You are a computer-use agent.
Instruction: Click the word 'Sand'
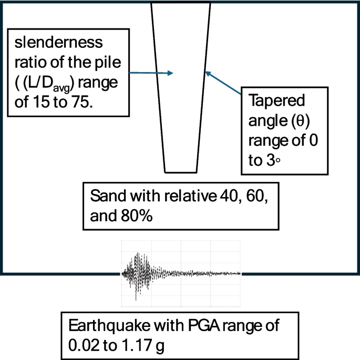(x=105, y=197)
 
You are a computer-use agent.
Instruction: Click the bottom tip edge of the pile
(x=181, y=172)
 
